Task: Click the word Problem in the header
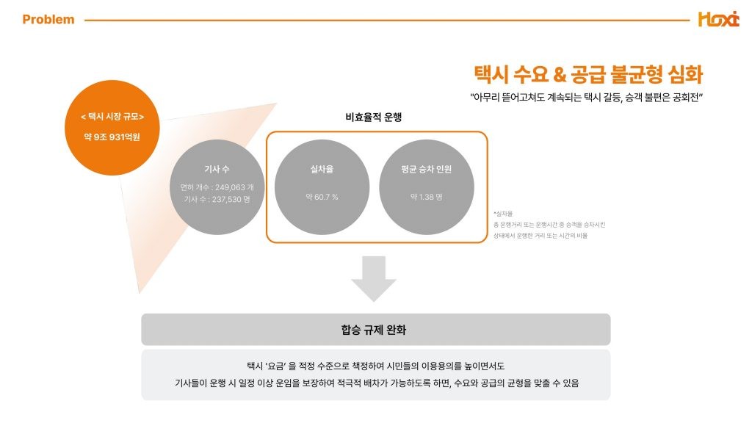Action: (48, 20)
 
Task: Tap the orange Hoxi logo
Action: (718, 20)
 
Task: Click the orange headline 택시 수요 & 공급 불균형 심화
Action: (588, 75)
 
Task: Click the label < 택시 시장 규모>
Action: (112, 117)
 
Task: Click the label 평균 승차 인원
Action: (427, 170)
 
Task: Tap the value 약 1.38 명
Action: (427, 197)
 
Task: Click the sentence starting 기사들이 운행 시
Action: (376, 383)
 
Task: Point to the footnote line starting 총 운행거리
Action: (550, 224)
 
